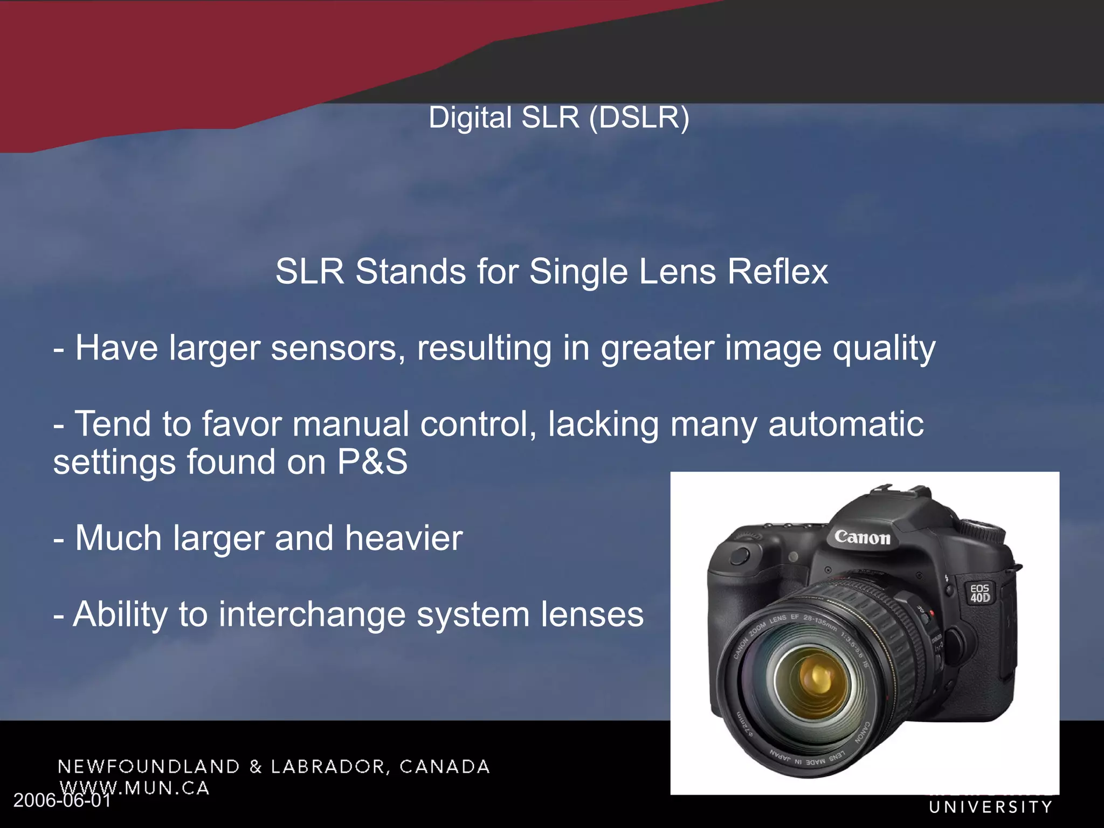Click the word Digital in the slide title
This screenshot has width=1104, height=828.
(x=470, y=118)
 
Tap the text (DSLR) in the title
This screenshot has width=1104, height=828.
(x=639, y=118)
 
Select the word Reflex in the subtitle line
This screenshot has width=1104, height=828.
(x=778, y=271)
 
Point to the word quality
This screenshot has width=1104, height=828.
(x=884, y=349)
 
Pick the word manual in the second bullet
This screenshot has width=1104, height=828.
(x=351, y=424)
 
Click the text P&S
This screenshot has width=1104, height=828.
(x=372, y=462)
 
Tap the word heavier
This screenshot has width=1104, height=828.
(x=404, y=538)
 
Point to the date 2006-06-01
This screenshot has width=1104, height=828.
(x=62, y=800)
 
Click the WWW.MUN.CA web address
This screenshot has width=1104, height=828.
(x=134, y=788)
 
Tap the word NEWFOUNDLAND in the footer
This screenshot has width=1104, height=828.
(x=149, y=767)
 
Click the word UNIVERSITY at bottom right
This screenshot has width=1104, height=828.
(x=991, y=807)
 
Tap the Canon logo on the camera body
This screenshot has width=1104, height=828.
(x=862, y=537)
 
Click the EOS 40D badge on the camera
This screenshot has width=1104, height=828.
(x=980, y=593)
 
